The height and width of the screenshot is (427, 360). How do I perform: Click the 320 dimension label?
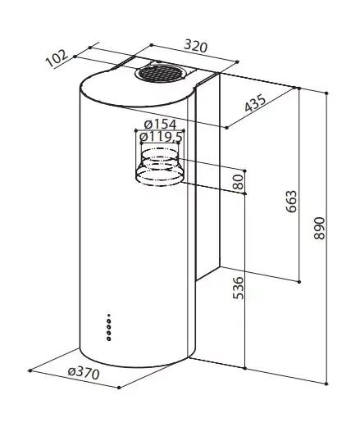pyautogui.click(x=196, y=46)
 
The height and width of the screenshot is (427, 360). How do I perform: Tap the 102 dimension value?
pyautogui.click(x=57, y=58)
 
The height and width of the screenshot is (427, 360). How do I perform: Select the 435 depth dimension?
pyautogui.click(x=255, y=103)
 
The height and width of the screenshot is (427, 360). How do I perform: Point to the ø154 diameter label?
pyautogui.click(x=161, y=125)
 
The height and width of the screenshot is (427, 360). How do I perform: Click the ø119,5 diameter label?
pyautogui.click(x=161, y=137)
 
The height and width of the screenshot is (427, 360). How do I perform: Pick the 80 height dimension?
pyautogui.click(x=238, y=182)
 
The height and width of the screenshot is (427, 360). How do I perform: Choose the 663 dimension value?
pyautogui.click(x=291, y=202)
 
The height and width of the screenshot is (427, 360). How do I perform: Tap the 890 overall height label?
pyautogui.click(x=319, y=229)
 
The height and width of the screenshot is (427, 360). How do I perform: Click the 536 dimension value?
pyautogui.click(x=238, y=288)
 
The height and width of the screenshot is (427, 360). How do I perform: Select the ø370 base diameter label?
pyautogui.click(x=84, y=373)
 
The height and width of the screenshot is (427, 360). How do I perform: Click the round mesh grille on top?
pyautogui.click(x=159, y=74)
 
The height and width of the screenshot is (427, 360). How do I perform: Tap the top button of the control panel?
pyautogui.click(x=109, y=315)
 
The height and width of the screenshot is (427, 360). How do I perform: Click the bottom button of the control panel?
pyautogui.click(x=109, y=339)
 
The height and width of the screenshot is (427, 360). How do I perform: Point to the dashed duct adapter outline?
pyautogui.click(x=159, y=167)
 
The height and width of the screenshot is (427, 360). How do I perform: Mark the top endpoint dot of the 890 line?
pyautogui.click(x=326, y=93)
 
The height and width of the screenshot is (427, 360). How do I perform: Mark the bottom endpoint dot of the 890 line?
pyautogui.click(x=326, y=384)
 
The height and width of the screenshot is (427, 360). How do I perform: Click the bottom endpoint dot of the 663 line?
pyautogui.click(x=299, y=282)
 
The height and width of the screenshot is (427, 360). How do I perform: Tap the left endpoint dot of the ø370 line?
pyautogui.click(x=30, y=370)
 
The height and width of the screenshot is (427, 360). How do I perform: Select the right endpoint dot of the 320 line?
pyautogui.click(x=237, y=62)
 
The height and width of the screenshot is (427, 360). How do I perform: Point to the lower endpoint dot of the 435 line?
pyautogui.click(x=226, y=128)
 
